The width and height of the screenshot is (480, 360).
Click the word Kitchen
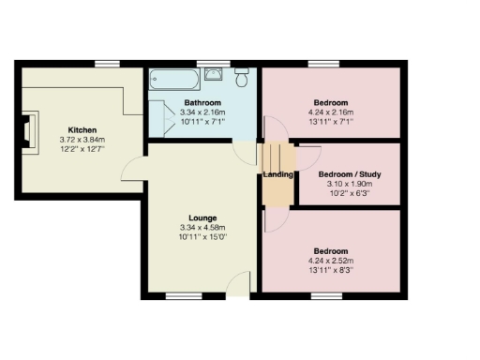pyautogui.click(x=82, y=129)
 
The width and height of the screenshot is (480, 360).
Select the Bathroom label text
pyautogui.click(x=202, y=102)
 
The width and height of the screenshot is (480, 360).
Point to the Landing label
pyautogui.click(x=279, y=175)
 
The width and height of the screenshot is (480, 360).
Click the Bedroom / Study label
pyautogui.click(x=350, y=174)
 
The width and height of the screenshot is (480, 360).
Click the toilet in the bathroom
pyautogui.click(x=241, y=76)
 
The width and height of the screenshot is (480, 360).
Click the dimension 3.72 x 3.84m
pyautogui.click(x=82, y=141)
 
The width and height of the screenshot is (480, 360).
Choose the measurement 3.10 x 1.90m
pyautogui.click(x=350, y=185)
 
